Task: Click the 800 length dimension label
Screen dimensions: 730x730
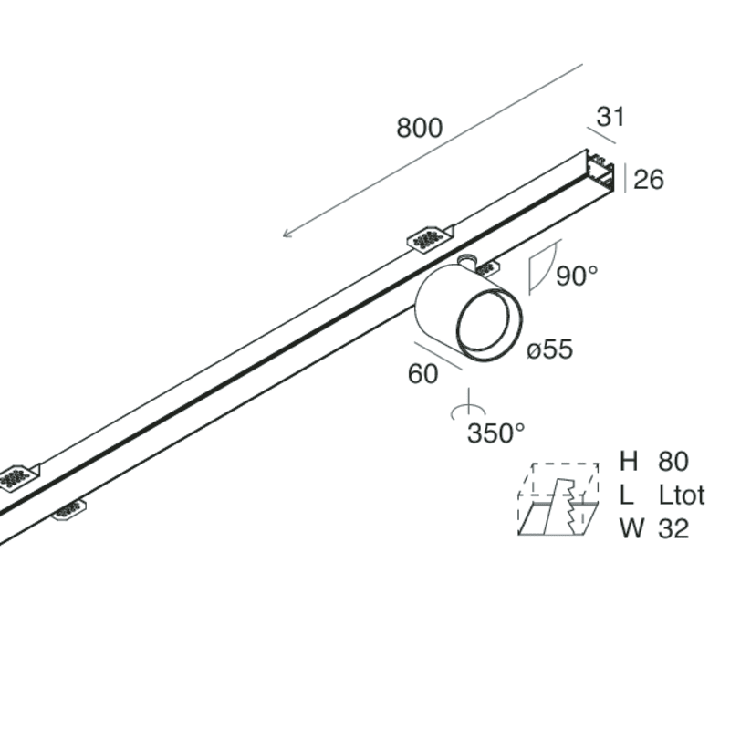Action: point(419,129)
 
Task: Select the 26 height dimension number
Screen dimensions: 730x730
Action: point(648,180)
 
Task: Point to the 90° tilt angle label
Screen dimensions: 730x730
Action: point(577,276)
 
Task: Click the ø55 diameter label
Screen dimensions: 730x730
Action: point(549,349)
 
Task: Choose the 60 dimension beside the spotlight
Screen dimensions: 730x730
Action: point(422,374)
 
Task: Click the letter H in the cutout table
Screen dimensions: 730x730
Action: point(628,462)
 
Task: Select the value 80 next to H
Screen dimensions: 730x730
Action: point(673,462)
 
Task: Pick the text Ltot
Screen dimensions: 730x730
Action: point(682,495)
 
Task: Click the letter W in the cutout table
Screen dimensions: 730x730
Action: point(630,528)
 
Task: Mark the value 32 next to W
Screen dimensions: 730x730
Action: point(673,528)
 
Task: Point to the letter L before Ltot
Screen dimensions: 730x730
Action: point(626,495)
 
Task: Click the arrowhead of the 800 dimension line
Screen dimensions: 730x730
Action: point(287,235)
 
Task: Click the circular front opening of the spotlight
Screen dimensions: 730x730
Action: point(488,325)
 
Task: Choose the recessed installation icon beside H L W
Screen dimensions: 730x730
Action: point(558,500)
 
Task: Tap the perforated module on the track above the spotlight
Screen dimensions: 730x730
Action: point(429,237)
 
